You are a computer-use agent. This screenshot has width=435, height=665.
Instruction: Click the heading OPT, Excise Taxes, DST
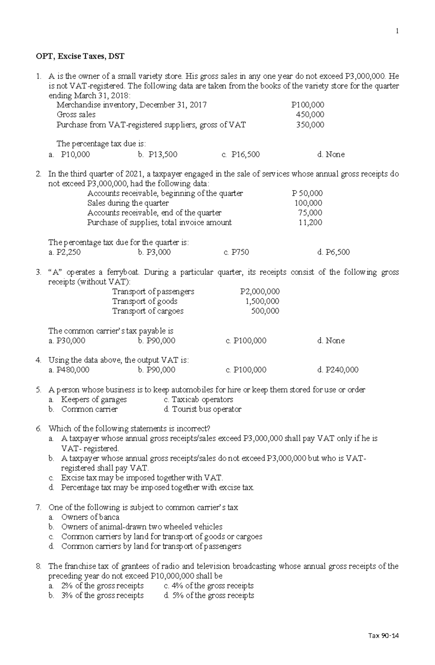click(x=80, y=56)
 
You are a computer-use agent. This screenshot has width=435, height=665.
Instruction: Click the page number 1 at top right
click(x=397, y=31)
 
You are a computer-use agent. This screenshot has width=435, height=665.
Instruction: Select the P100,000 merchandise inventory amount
click(x=308, y=105)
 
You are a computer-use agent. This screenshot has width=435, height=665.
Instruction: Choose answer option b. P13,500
click(x=158, y=155)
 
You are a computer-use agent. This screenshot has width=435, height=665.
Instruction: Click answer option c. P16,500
click(x=241, y=155)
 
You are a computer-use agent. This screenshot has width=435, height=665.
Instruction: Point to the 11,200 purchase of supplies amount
click(x=310, y=223)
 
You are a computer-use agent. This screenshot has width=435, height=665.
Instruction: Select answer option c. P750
click(x=236, y=252)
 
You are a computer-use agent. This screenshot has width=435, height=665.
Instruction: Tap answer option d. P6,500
click(x=333, y=252)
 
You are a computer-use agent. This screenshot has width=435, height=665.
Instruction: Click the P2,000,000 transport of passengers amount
click(x=260, y=292)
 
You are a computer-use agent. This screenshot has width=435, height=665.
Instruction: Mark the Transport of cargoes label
click(x=148, y=311)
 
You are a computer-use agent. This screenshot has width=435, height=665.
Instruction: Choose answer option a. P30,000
click(x=67, y=341)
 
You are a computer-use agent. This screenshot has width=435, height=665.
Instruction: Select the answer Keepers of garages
click(x=94, y=400)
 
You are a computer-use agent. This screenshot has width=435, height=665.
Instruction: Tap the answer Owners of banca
click(x=90, y=517)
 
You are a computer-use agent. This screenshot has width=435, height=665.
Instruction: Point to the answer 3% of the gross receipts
click(x=102, y=595)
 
